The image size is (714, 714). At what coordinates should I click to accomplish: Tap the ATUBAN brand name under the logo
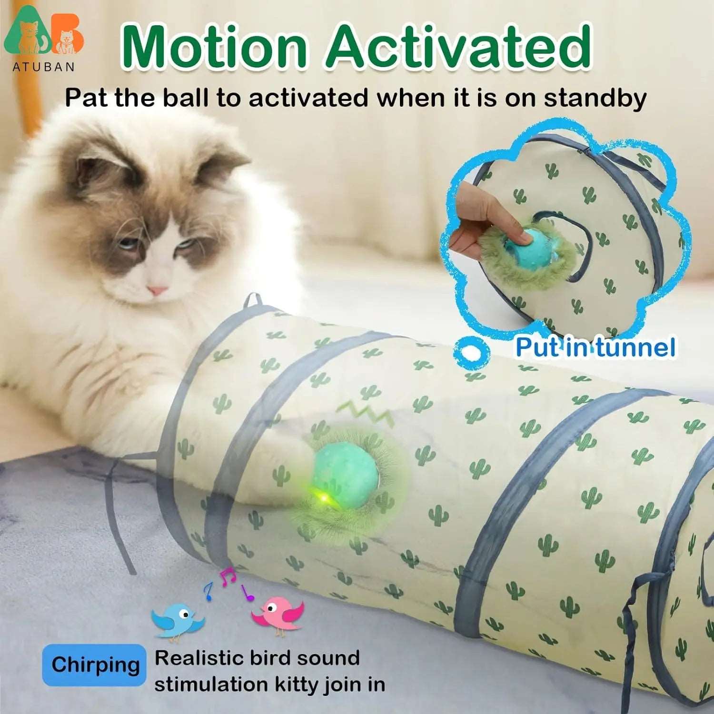click(x=43, y=67)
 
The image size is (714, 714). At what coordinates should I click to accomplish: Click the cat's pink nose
click(x=157, y=289)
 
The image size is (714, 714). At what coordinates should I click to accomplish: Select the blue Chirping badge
click(x=94, y=664)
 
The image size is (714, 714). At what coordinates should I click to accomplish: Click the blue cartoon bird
click(x=177, y=619)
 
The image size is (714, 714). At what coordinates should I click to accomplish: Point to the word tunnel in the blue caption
click(x=635, y=347)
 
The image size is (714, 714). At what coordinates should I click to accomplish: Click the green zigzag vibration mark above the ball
click(x=364, y=412)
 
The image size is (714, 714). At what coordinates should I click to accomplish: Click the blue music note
click(x=208, y=592)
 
